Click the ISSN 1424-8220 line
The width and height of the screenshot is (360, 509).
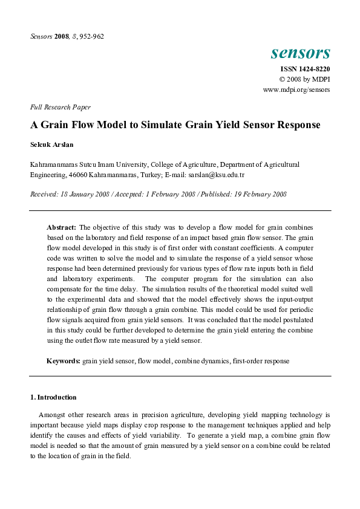303,70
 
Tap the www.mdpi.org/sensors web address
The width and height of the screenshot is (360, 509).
296,89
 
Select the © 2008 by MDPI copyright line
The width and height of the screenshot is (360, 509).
304,79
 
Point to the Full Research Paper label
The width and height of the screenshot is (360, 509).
60,107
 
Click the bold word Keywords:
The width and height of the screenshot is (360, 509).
64,360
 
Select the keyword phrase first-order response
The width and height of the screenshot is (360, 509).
261,360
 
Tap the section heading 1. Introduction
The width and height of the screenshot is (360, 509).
53,397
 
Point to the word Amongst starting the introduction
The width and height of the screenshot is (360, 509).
53,415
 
